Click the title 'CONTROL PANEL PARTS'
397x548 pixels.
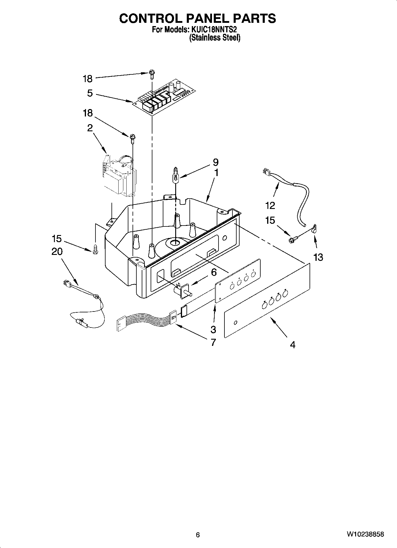pos(197,18)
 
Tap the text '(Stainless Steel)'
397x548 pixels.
pos(215,38)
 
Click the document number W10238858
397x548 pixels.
pos(365,534)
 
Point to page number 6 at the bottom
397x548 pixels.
pos(198,535)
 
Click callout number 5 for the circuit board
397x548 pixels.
pos(90,93)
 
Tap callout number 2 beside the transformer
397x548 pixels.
pos(90,128)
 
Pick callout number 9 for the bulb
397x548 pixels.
pos(216,162)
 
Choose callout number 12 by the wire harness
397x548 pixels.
pos(270,205)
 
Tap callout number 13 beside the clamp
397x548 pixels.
pos(318,257)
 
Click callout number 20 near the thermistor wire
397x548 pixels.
pos(57,252)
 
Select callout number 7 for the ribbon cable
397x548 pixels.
pos(213,342)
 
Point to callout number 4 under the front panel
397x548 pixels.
pos(293,345)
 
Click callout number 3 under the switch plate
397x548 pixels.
pos(213,329)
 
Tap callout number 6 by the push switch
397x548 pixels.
pos(214,272)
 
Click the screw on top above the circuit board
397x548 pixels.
pos(152,73)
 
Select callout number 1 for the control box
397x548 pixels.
pos(216,172)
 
